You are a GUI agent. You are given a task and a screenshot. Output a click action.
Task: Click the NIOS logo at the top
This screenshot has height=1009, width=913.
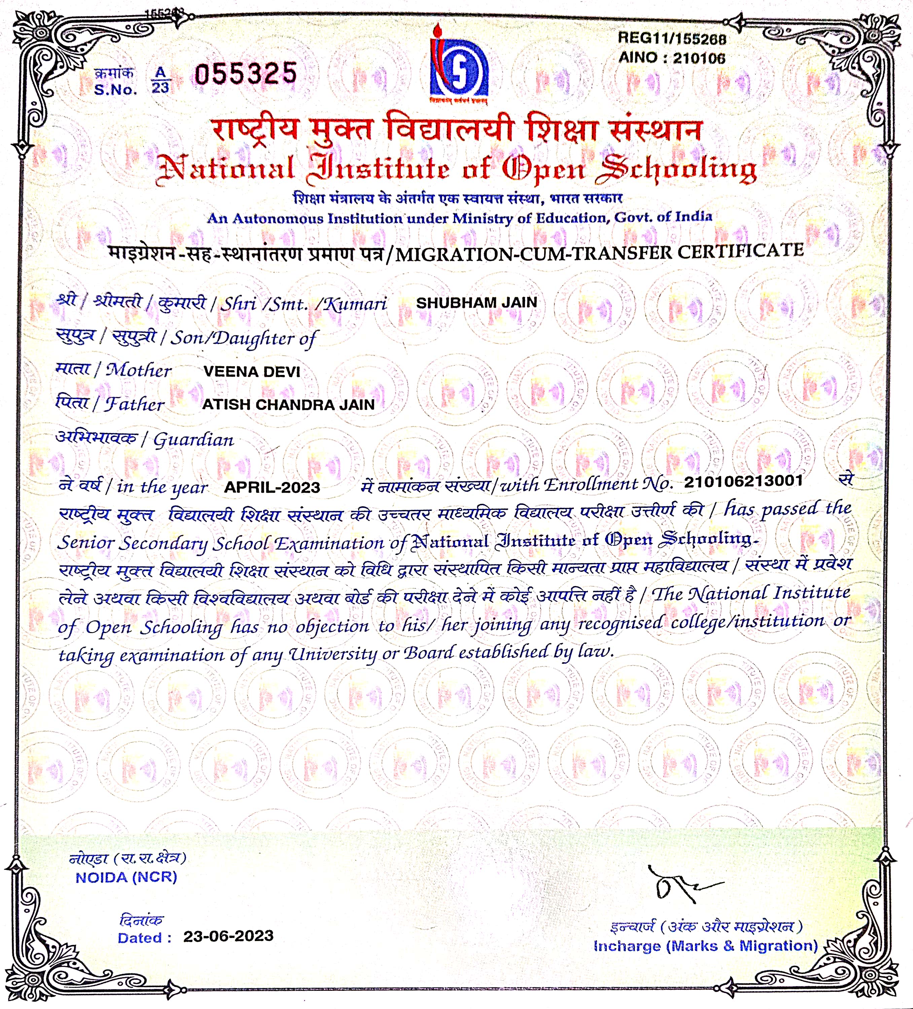(x=458, y=65)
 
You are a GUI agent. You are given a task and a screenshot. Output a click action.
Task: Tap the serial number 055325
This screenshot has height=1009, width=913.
(x=246, y=74)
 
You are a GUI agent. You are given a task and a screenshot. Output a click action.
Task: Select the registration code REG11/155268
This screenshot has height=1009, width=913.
(x=671, y=38)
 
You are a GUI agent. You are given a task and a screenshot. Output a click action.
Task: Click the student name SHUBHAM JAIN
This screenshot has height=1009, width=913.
(x=476, y=303)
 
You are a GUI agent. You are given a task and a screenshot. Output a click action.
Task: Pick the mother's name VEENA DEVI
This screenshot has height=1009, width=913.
(x=251, y=372)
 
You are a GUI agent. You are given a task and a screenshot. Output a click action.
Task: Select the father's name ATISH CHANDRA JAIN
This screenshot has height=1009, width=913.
(x=288, y=405)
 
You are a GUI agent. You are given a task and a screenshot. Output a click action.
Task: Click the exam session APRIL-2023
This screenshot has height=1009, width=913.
(x=272, y=487)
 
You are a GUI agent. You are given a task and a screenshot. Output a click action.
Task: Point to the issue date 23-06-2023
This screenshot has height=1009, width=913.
(x=228, y=936)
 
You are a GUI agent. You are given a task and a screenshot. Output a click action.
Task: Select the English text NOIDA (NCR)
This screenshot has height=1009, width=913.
(x=126, y=877)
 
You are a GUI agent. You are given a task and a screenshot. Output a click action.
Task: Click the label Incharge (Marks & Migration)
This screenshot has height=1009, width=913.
(x=705, y=946)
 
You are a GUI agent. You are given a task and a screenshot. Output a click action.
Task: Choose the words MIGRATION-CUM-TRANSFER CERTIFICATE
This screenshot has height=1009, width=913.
(x=599, y=252)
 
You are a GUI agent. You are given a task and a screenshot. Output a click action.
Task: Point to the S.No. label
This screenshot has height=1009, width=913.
(x=115, y=90)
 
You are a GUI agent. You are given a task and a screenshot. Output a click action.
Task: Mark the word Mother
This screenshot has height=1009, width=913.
(x=139, y=370)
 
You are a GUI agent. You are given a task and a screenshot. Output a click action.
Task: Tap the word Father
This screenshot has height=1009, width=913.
(x=135, y=404)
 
